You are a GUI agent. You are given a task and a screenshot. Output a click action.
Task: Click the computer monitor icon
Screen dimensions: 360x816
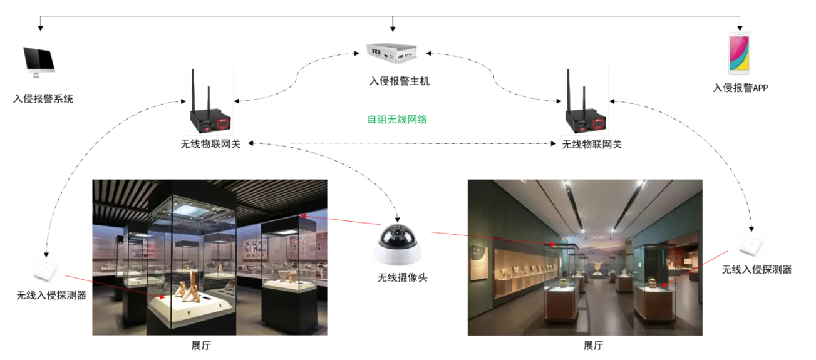pos(39,61)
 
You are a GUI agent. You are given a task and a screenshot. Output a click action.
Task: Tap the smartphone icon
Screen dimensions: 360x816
pos(738,55)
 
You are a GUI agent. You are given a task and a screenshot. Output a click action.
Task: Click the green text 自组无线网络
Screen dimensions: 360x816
pos(397,119)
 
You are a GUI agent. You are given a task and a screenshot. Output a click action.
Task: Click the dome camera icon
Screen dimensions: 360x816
pos(398,245)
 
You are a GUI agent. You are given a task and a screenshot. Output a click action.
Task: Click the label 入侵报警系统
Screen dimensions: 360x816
pos(43,98)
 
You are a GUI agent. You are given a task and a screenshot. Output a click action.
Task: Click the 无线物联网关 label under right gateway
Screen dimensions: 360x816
pos(592,145)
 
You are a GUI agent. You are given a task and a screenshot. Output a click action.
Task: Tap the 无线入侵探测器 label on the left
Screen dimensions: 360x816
pos(51,295)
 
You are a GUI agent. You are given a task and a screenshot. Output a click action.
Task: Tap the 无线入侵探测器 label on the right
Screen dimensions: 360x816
pos(757,269)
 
